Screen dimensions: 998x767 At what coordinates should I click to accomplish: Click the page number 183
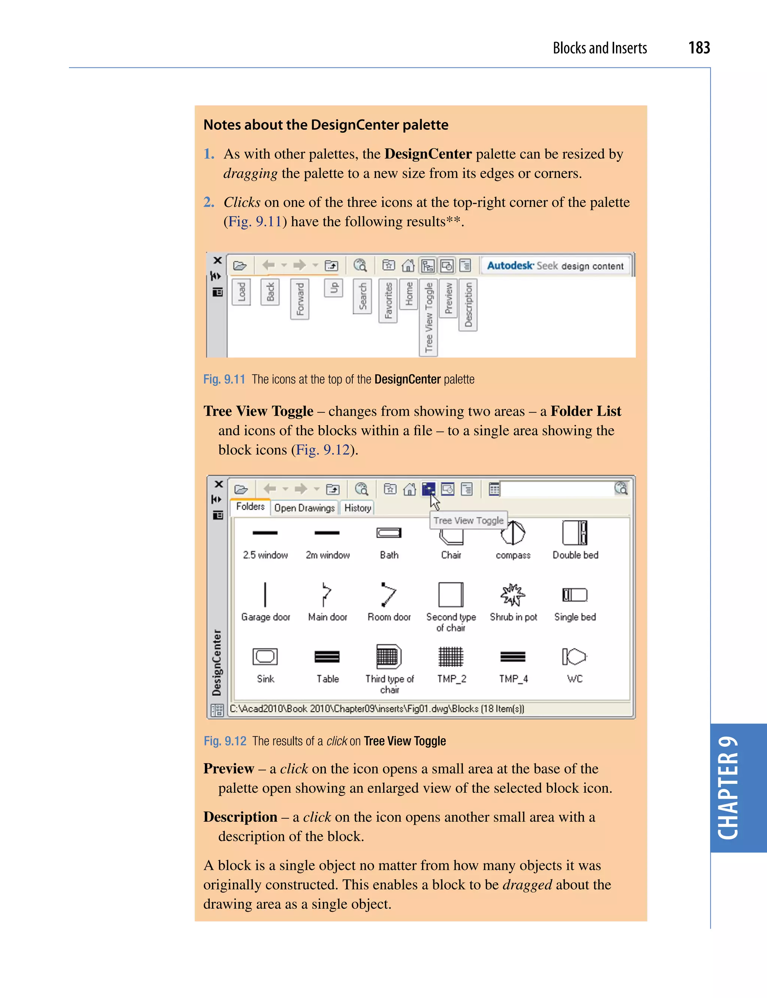click(698, 48)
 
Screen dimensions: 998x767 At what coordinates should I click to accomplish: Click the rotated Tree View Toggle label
click(428, 317)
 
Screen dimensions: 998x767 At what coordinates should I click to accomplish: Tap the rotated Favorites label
click(388, 300)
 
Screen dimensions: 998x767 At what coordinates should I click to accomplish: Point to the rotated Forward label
click(300, 299)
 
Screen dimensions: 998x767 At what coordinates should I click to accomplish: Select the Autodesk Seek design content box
click(555, 266)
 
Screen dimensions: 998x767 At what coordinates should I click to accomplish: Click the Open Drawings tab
click(304, 508)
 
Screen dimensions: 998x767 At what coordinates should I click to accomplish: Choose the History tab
click(358, 508)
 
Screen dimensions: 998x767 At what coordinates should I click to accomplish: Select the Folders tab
click(250, 506)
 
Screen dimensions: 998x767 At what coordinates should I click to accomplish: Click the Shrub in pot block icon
click(513, 595)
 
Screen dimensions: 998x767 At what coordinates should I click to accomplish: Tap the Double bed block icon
click(575, 533)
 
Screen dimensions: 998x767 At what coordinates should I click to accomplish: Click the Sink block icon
click(265, 656)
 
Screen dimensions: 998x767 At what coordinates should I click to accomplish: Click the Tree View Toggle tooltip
click(468, 521)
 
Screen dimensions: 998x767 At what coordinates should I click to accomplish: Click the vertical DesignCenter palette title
click(216, 662)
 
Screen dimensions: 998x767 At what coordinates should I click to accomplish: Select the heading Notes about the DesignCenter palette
click(325, 125)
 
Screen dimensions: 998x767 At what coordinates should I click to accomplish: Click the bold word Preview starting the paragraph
click(228, 769)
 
